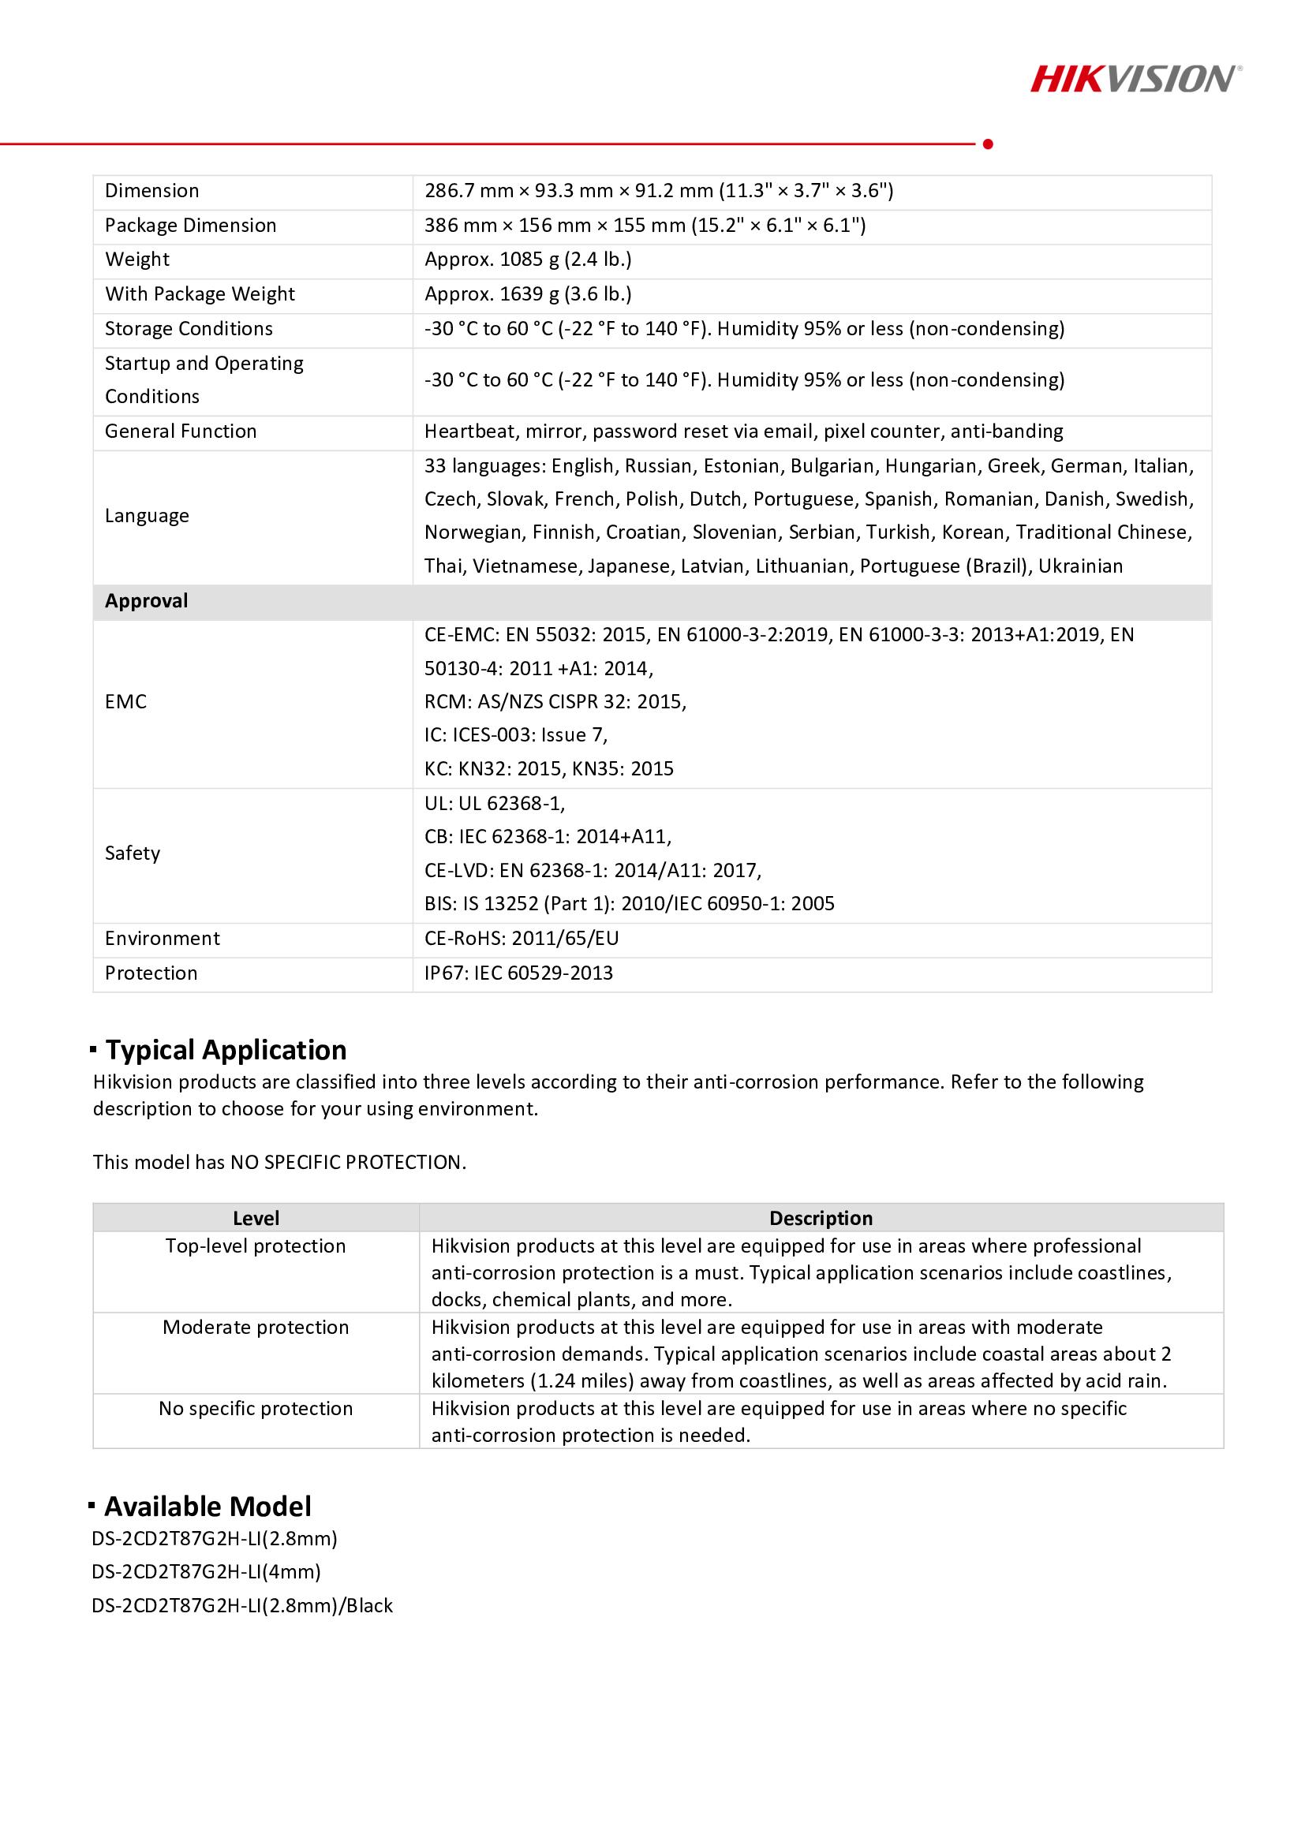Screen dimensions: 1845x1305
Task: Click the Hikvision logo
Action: coord(1135,80)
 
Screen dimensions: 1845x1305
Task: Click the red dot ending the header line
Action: coord(988,144)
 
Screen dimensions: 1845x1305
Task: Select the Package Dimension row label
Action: coord(190,226)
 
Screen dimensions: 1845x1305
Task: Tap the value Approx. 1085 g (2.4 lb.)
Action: coord(527,260)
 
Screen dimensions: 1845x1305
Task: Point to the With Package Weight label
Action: coord(200,294)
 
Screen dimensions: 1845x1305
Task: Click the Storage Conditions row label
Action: coord(189,329)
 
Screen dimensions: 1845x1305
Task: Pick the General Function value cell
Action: coord(743,431)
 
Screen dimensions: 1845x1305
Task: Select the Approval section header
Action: coord(146,601)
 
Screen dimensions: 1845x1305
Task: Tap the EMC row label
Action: coord(126,702)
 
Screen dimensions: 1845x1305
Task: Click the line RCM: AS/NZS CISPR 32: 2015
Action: coord(555,702)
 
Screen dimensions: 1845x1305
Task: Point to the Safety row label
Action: coord(133,853)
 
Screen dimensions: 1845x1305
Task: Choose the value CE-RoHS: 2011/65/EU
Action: coord(522,939)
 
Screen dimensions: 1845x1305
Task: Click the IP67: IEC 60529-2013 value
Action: coord(518,973)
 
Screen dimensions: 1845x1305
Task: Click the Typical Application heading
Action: coord(226,1050)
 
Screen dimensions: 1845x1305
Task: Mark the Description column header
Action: coord(821,1218)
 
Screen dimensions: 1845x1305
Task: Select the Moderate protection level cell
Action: coord(256,1328)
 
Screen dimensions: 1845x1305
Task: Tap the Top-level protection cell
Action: coord(256,1246)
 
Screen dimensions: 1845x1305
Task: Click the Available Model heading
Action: coord(208,1507)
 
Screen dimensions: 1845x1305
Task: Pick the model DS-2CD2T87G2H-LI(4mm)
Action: coord(207,1572)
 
